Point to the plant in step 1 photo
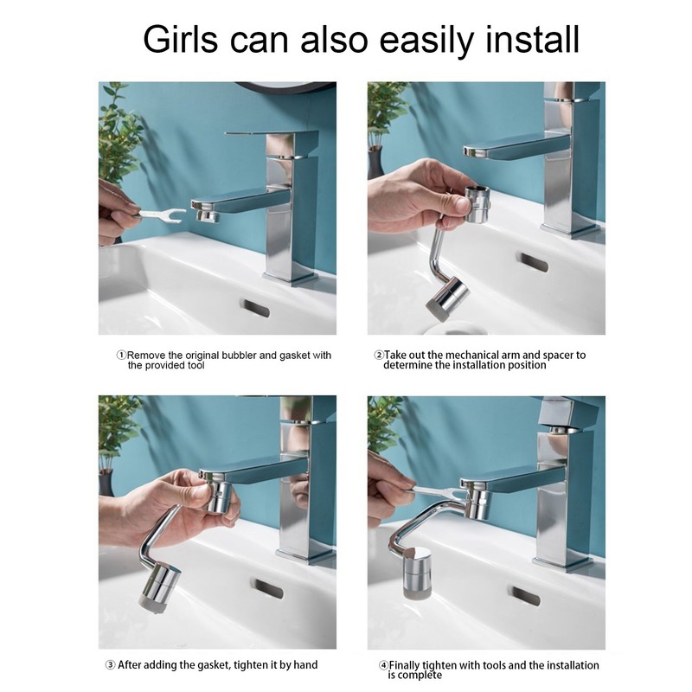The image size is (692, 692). [119, 138]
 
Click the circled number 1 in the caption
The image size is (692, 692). [121, 356]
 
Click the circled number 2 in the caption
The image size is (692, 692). [378, 355]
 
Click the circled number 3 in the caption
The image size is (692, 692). [110, 665]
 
